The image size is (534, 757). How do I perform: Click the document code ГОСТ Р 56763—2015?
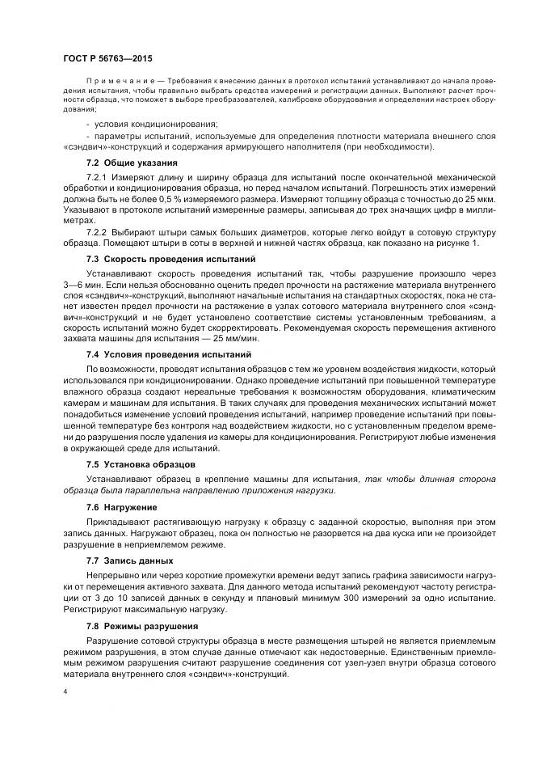107,59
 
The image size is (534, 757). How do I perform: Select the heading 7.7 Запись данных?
129,560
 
